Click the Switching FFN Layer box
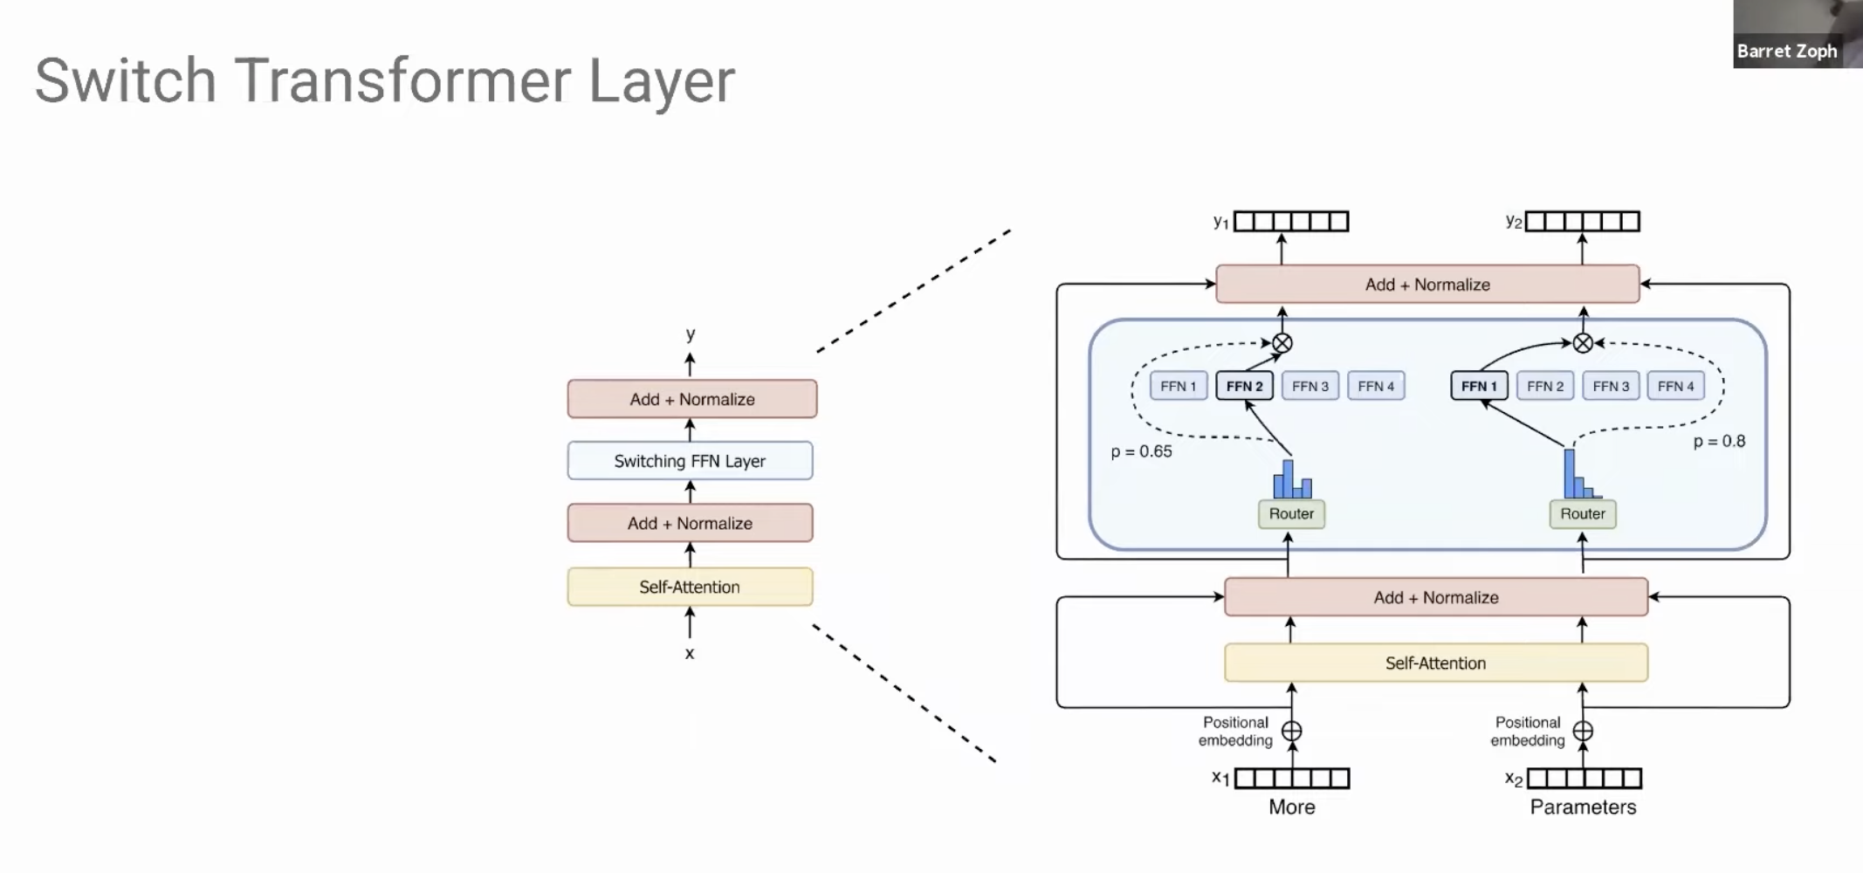point(690,461)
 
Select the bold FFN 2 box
point(1244,386)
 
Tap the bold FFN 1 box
point(1479,386)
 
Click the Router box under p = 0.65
point(1291,514)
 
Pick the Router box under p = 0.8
point(1583,514)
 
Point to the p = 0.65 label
point(1141,451)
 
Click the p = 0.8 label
point(1719,442)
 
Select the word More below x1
point(1292,807)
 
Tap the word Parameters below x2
point(1583,807)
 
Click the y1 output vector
point(1291,222)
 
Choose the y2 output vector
point(1583,222)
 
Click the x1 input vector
point(1292,778)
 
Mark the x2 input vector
point(1584,778)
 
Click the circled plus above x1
point(1292,731)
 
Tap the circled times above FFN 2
point(1282,343)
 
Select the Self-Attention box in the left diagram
point(690,587)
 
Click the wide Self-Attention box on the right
point(1436,663)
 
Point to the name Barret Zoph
point(1786,52)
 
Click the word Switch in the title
point(125,81)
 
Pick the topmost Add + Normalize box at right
point(1427,285)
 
